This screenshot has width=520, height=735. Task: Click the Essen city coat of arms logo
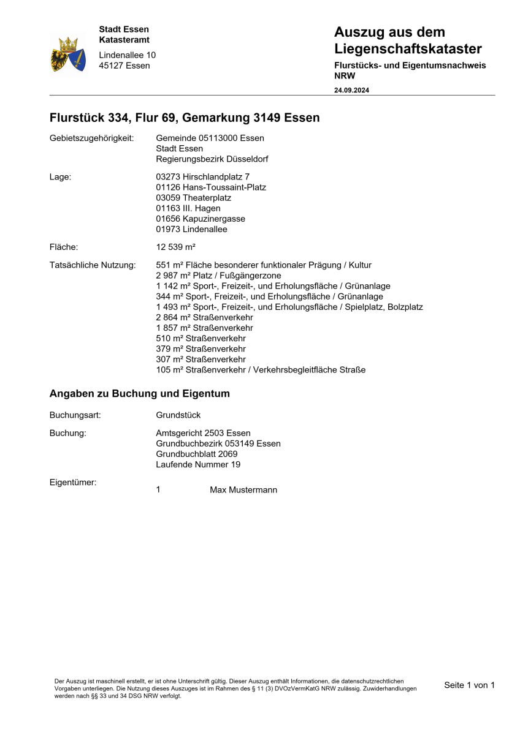[x=68, y=54]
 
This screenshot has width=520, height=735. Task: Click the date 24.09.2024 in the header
[x=351, y=90]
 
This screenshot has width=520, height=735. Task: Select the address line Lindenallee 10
[x=128, y=55]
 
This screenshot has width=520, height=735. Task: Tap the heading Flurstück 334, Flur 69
[x=184, y=118]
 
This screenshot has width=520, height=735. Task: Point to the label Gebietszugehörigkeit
[x=91, y=138]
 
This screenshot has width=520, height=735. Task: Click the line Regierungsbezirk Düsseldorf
[x=212, y=159]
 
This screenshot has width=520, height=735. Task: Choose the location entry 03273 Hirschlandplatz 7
[x=203, y=177]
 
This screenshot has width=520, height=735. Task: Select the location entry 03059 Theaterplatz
[x=194, y=198]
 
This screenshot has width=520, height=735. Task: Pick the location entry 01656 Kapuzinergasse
[x=201, y=219]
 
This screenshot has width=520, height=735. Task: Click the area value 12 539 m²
[x=176, y=247]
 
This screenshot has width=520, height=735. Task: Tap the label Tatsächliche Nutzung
[x=93, y=265]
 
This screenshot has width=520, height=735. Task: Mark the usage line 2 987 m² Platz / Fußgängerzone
[x=219, y=276]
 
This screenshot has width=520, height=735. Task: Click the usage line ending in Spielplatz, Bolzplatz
[x=289, y=307]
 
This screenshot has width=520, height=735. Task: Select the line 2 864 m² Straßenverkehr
[x=205, y=317]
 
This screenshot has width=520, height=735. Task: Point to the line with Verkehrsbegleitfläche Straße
[x=261, y=370]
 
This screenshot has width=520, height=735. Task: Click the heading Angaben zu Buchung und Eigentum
[x=140, y=394]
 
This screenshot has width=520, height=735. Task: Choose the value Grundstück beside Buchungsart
[x=178, y=415]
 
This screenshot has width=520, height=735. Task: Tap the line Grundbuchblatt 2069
[x=197, y=454]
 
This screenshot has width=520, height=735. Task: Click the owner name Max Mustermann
[x=243, y=490]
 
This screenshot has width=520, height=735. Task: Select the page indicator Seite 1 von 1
[x=469, y=685]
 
